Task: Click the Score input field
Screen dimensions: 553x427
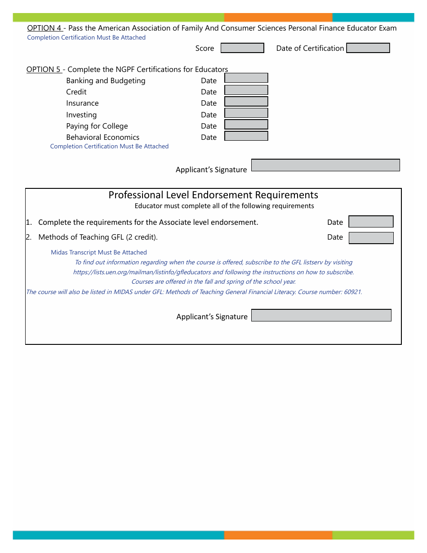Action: pyautogui.click(x=242, y=48)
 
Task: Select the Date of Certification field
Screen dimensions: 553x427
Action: pyautogui.click(x=368, y=48)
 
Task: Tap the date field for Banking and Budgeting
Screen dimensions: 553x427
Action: pyautogui.click(x=246, y=78)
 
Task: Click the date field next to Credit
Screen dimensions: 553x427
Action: pyautogui.click(x=246, y=90)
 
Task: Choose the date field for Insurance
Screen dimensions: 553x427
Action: pyautogui.click(x=246, y=102)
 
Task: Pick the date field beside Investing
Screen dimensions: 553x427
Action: pyautogui.click(x=246, y=113)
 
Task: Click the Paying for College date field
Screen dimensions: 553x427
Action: pyautogui.click(x=246, y=125)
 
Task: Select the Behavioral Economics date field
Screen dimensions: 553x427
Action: pyautogui.click(x=246, y=136)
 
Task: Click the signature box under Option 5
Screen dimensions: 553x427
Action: pyautogui.click(x=325, y=165)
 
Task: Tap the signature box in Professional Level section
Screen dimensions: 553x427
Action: pyautogui.click(x=321, y=315)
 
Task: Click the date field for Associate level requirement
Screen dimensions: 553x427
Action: pyautogui.click(x=371, y=222)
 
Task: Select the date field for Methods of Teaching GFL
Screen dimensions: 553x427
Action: pyautogui.click(x=371, y=238)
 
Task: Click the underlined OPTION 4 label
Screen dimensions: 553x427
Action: pyautogui.click(x=44, y=28)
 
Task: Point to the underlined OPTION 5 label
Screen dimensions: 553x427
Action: pyautogui.click(x=44, y=69)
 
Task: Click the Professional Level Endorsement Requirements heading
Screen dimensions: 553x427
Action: pyautogui.click(x=213, y=195)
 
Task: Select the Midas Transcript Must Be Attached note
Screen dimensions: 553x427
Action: pyautogui.click(x=99, y=253)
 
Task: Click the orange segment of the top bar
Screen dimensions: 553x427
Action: pyautogui.click(x=278, y=18)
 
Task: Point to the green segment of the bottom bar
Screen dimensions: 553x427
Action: pyautogui.click(x=373, y=535)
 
